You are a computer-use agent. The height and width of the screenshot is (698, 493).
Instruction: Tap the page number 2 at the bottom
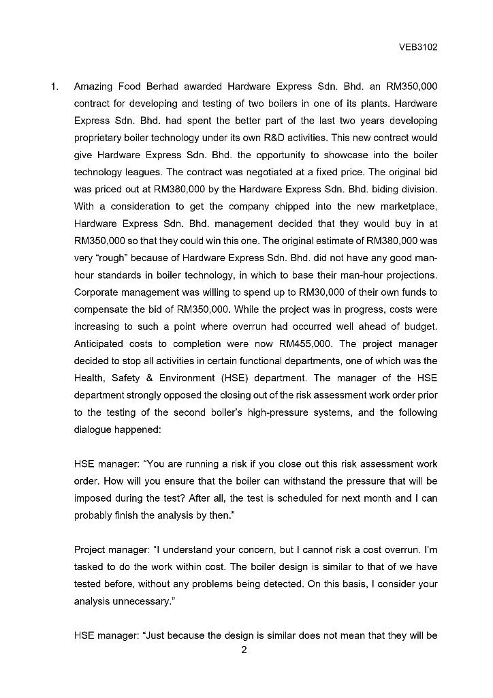pos(244,650)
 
